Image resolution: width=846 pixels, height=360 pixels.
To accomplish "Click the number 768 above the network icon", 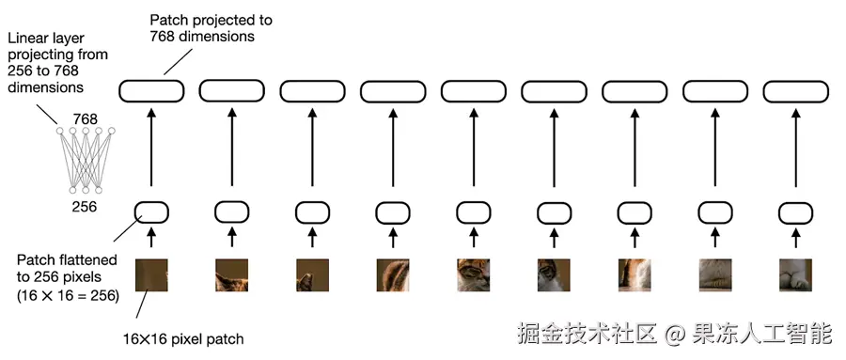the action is pyautogui.click(x=86, y=118).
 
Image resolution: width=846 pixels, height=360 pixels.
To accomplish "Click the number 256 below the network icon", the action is pyautogui.click(x=85, y=206).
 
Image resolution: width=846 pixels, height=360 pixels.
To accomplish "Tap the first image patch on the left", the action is pyautogui.click(x=151, y=275).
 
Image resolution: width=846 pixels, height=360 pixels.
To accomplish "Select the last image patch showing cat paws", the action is pyautogui.click(x=795, y=275).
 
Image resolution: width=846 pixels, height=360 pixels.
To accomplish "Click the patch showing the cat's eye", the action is pyautogui.click(x=473, y=275).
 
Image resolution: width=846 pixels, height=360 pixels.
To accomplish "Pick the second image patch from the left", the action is pyautogui.click(x=231, y=275).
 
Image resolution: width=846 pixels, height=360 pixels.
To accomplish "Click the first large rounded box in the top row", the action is pyautogui.click(x=151, y=91).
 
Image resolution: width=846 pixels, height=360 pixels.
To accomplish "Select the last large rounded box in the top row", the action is pyautogui.click(x=795, y=91).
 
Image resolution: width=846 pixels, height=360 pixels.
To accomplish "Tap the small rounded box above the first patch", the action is pyautogui.click(x=151, y=212).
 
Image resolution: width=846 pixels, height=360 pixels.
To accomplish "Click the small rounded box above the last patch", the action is pyautogui.click(x=795, y=212).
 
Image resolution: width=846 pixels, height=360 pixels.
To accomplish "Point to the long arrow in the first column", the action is pyautogui.click(x=151, y=148).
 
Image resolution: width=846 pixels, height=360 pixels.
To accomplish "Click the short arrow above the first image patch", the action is pyautogui.click(x=151, y=238).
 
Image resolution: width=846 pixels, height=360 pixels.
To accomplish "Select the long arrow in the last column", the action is pyautogui.click(x=795, y=148).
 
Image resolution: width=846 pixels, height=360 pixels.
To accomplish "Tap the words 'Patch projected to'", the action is pyautogui.click(x=211, y=21).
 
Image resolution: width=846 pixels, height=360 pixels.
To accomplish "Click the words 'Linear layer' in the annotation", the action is pyautogui.click(x=46, y=39).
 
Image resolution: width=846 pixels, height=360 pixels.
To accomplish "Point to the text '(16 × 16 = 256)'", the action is pyautogui.click(x=68, y=296).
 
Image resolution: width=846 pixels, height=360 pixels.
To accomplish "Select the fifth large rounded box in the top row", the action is pyautogui.click(x=473, y=91).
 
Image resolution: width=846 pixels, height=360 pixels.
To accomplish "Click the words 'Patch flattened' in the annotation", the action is pyautogui.click(x=67, y=260).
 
